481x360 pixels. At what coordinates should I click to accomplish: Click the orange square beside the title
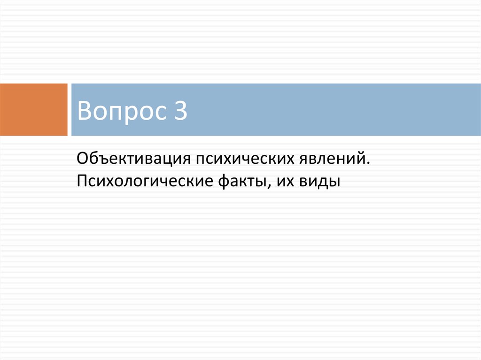pos(33,109)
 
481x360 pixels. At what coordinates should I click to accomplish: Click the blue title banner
pos(276,109)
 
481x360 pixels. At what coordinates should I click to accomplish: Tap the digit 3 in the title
pos(181,110)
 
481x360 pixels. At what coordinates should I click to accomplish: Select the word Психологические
pos(145,181)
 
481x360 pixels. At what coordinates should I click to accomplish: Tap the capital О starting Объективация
pos(83,159)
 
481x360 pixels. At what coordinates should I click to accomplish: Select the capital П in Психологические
pos(82,181)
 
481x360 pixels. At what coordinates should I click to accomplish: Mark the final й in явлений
pos(361,158)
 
